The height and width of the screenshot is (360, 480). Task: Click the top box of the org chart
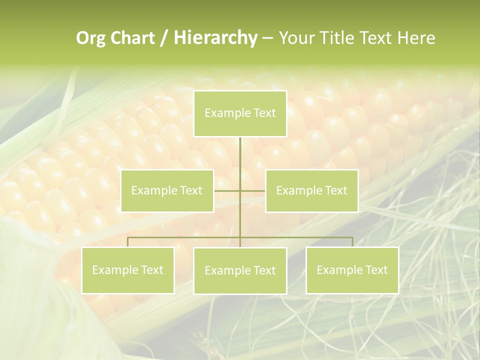click(x=240, y=113)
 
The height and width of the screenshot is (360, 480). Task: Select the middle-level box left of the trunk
click(x=167, y=190)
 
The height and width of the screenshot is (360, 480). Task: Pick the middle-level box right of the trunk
click(x=311, y=190)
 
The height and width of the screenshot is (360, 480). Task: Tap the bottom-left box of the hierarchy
click(x=127, y=270)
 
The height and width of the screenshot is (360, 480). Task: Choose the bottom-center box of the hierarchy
click(x=240, y=270)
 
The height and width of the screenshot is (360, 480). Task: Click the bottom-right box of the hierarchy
click(x=352, y=270)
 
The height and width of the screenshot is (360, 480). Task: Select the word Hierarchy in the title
click(x=215, y=38)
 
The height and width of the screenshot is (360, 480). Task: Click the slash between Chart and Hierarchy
click(x=164, y=38)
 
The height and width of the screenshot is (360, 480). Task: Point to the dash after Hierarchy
click(x=267, y=38)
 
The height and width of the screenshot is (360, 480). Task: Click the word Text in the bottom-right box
click(x=376, y=270)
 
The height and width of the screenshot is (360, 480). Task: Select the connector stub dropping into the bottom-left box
click(x=127, y=242)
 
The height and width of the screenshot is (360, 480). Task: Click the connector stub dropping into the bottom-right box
click(x=352, y=242)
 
